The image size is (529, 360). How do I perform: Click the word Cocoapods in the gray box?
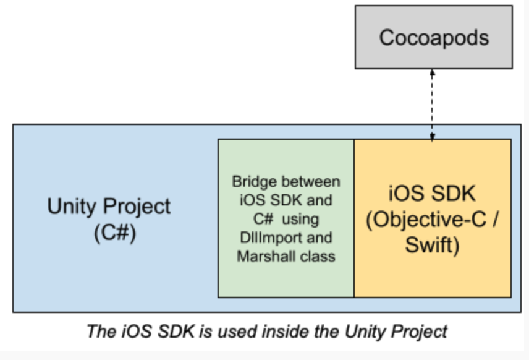433,37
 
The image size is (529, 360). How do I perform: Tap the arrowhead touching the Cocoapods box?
432,72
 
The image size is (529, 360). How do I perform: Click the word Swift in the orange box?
432,245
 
